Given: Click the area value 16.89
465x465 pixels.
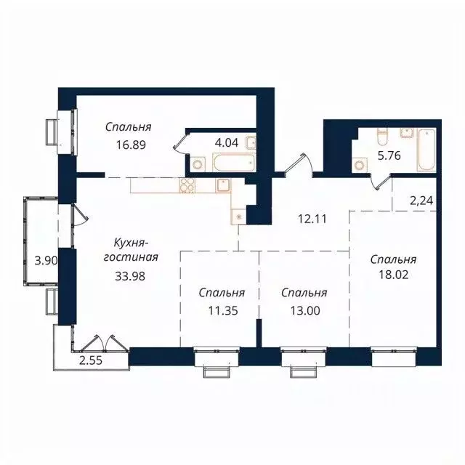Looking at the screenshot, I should tap(132, 145).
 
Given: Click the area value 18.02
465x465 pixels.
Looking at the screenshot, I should tap(392, 276).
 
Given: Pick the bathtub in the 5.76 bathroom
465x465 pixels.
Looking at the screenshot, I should tap(426, 150).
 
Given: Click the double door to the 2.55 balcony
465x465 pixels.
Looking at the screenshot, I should tap(100, 341).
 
